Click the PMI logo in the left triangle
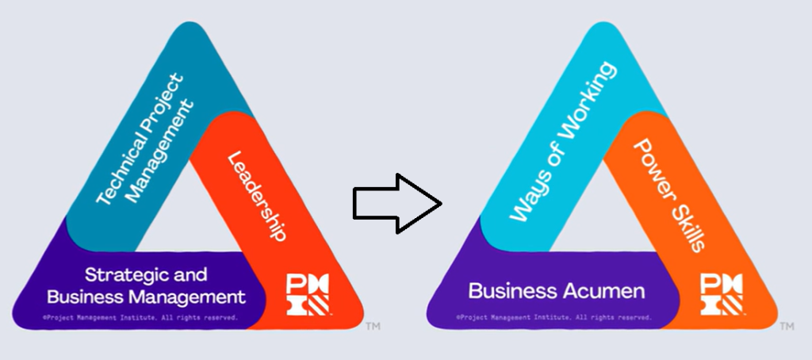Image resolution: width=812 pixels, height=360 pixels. tap(307, 293)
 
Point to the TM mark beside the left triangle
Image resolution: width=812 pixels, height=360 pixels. tap(373, 326)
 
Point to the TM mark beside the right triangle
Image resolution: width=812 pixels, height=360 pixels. tap(787, 326)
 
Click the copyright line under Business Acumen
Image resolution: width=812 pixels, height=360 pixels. tap(554, 317)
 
